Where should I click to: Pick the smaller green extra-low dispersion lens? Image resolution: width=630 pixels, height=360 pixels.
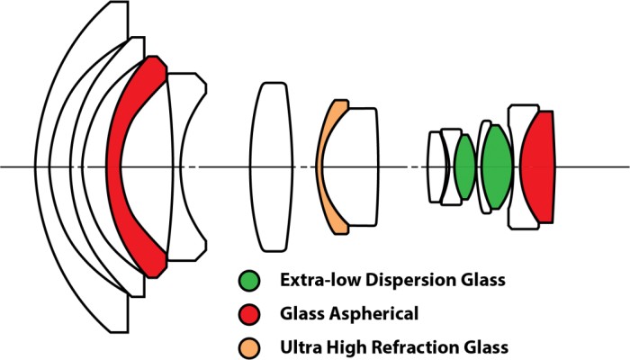click(464, 166)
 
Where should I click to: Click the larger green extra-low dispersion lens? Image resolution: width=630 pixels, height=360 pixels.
click(496, 166)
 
